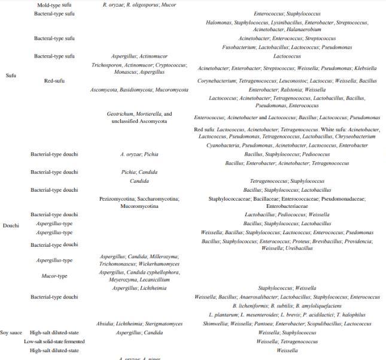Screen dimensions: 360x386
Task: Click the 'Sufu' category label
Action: pos(10,75)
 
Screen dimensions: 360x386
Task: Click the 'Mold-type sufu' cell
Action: pos(54,5)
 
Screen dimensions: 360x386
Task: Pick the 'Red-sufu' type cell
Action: pos(54,80)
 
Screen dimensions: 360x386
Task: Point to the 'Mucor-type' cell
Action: pos(54,276)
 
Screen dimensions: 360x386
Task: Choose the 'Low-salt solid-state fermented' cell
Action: pos(54,341)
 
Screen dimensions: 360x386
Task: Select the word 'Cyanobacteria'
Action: pos(224,145)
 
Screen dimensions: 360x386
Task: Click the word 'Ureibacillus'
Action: pos(299,248)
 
